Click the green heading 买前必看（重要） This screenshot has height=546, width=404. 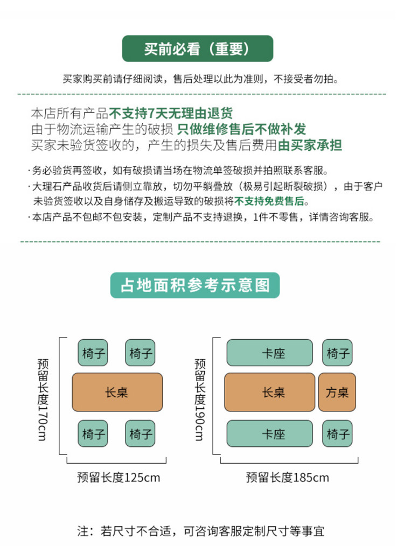pyautogui.click(x=197, y=49)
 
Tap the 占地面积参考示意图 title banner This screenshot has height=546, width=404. pyautogui.click(x=195, y=285)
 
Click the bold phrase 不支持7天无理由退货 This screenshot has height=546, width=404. pyautogui.click(x=171, y=114)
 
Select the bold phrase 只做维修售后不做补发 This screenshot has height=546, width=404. pyautogui.click(x=241, y=129)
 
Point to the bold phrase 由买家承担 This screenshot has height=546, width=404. pyautogui.click(x=310, y=145)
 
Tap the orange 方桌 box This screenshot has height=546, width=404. pyautogui.click(x=337, y=393)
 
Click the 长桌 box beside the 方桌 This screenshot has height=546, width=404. pyautogui.click(x=269, y=393)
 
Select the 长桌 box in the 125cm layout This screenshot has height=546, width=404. pyautogui.click(x=117, y=393)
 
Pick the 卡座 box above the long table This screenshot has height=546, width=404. pyautogui.click(x=269, y=353)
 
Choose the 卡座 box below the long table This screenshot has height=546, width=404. pyautogui.click(x=269, y=434)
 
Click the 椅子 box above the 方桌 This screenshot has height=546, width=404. pyautogui.click(x=338, y=353)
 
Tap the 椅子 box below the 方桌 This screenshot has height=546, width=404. pyautogui.click(x=338, y=434)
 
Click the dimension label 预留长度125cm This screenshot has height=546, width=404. pyautogui.click(x=119, y=477)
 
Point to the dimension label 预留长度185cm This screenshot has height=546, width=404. pyautogui.click(x=287, y=477)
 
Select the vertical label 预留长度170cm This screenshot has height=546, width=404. pyautogui.click(x=44, y=398)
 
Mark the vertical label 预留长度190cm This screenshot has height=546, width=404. pyautogui.click(x=200, y=398)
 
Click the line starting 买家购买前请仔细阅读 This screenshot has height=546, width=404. pyautogui.click(x=200, y=79)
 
